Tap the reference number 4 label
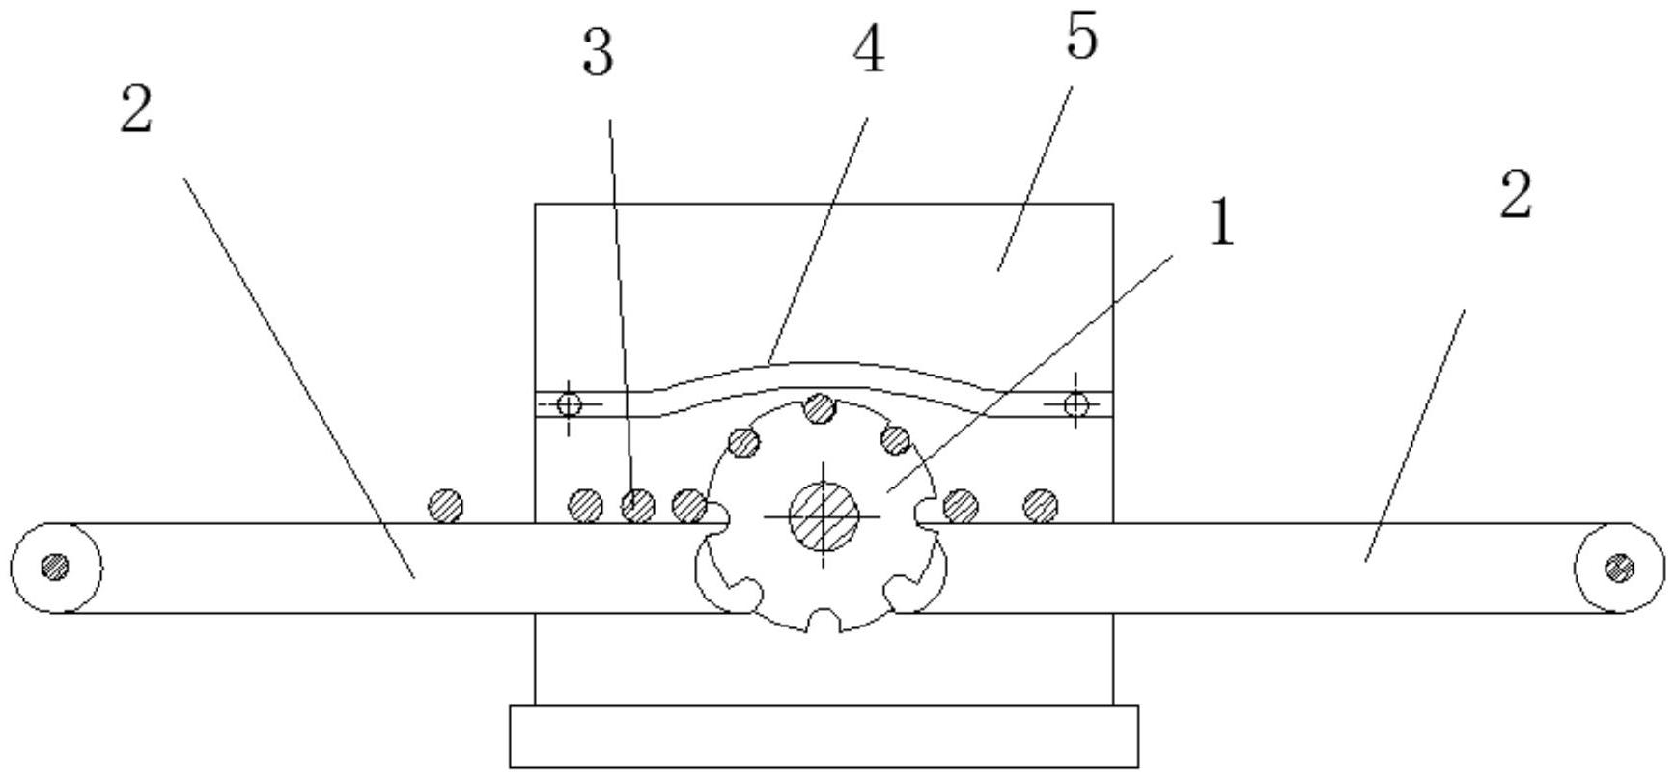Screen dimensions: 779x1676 [x=868, y=52]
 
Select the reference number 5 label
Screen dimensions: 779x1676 [x=1081, y=39]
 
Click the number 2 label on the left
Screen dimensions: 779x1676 [x=136, y=110]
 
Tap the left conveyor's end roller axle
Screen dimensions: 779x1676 [x=55, y=567]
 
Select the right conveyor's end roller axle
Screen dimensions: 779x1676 [x=1619, y=568]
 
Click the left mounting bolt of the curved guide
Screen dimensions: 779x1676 [x=570, y=403]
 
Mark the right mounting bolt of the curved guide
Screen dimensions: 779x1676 [x=1075, y=403]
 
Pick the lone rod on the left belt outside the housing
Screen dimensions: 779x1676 [x=446, y=505]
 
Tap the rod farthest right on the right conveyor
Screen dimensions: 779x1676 [x=1040, y=504]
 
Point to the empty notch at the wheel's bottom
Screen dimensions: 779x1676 [x=823, y=618]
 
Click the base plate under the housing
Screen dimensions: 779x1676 [x=824, y=737]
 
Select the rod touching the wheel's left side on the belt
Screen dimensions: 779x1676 [x=688, y=504]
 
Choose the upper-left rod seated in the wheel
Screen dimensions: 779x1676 [x=743, y=443]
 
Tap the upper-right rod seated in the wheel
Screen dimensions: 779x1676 [x=895, y=440]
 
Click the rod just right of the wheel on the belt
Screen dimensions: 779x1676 [x=960, y=504]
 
